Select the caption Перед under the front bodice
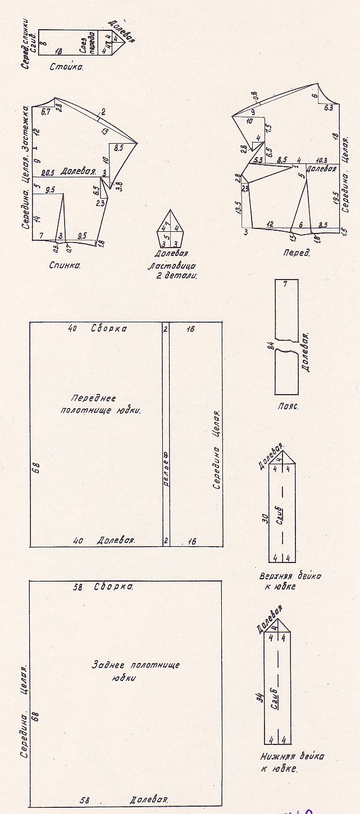pyautogui.click(x=296, y=253)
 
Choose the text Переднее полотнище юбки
pyautogui.click(x=100, y=404)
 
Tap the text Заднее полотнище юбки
pyautogui.click(x=135, y=670)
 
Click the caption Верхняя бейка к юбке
pyautogui.click(x=291, y=582)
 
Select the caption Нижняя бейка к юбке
pyautogui.click(x=292, y=762)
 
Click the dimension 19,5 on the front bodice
pyautogui.click(x=336, y=198)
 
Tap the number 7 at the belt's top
pyautogui.click(x=285, y=284)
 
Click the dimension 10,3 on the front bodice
pyautogui.click(x=321, y=160)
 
